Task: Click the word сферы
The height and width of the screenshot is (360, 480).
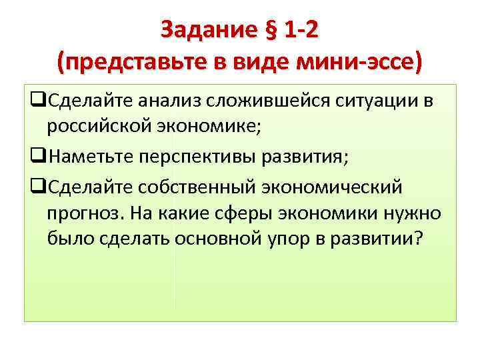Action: pyautogui.click(x=244, y=213)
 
